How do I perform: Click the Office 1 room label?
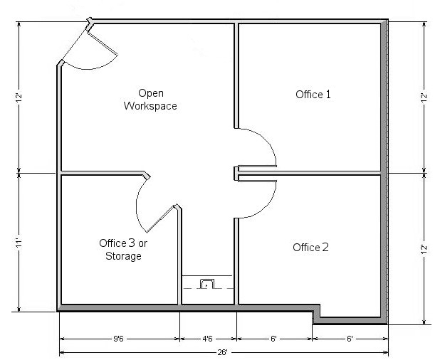coord(313,94)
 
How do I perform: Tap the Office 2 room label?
coord(310,248)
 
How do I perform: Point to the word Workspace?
coord(150,106)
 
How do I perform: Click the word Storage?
coord(123,256)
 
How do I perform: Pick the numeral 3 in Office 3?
coord(132,243)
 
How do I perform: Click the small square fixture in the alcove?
coord(208,284)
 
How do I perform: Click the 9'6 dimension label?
coord(118,339)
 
